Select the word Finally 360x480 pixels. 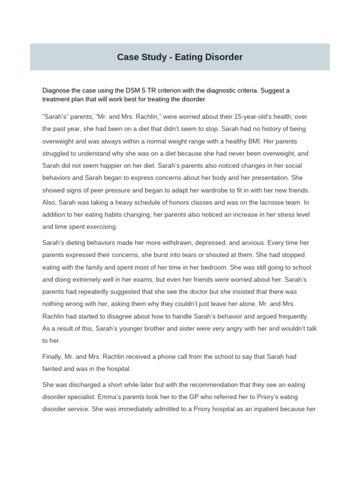pos(54,357)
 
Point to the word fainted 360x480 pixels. pos(54,369)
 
